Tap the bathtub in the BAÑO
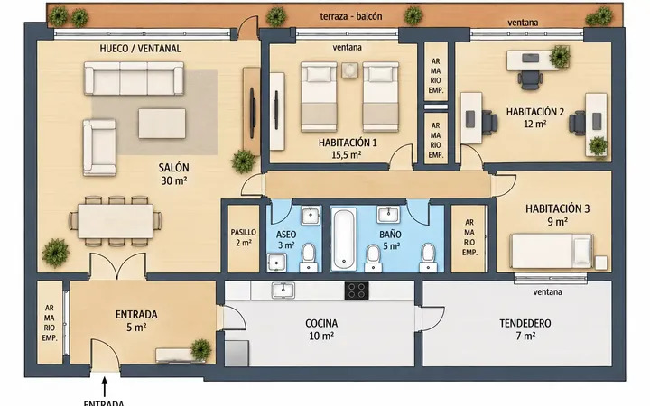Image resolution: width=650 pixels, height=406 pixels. coord(344,239)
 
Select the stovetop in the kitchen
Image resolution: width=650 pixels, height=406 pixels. coord(357,291)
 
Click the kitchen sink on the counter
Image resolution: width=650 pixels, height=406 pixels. coord(283,291)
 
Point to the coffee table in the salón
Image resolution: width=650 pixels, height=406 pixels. coord(162,124)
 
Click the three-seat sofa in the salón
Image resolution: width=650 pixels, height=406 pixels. coord(134,78)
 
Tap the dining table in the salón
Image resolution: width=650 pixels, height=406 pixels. coord(116,222)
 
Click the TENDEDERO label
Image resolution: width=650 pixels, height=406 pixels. coord(525,323)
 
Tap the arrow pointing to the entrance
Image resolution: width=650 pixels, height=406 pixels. coord(105,386)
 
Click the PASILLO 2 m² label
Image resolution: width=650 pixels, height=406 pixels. coord(244,237)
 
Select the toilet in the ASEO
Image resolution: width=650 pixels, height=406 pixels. coord(308,257)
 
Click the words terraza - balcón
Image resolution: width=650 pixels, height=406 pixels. coord(351,16)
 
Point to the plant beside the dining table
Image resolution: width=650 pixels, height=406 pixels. coord(55,253)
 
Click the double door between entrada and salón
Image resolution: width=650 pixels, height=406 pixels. coord(117,266)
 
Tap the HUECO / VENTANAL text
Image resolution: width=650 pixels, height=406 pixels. coord(140,49)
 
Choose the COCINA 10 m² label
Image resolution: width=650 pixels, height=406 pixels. coord(321,329)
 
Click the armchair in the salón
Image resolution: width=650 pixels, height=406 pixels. coord(99,147)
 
